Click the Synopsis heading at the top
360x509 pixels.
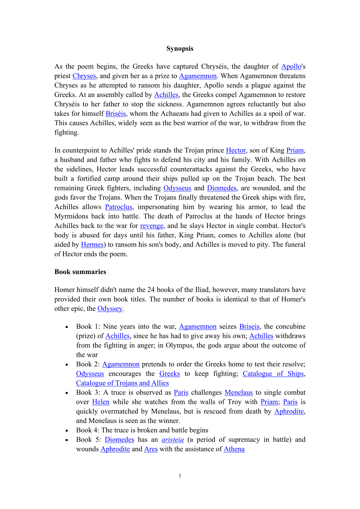[180, 48]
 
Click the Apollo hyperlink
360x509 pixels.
[291, 66]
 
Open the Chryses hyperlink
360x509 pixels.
[84, 76]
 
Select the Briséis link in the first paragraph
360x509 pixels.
[115, 113]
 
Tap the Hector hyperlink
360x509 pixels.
[236, 150]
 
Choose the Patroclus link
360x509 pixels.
[119, 207]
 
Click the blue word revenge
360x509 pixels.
[151, 226]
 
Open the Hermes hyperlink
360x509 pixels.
[92, 244]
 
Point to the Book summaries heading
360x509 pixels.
[80, 272]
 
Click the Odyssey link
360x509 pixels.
[110, 308]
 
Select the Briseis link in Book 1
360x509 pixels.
[249, 326]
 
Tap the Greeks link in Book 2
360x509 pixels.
[169, 373]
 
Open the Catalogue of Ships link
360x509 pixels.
[273, 373]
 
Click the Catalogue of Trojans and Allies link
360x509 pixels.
[122, 383]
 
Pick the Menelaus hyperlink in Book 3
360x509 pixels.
[239, 392]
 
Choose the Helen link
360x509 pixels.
[101, 401]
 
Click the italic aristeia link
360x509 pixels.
[173, 439]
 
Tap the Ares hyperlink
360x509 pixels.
[151, 449]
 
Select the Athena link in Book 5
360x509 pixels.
[234, 449]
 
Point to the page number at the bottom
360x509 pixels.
[180, 476]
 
